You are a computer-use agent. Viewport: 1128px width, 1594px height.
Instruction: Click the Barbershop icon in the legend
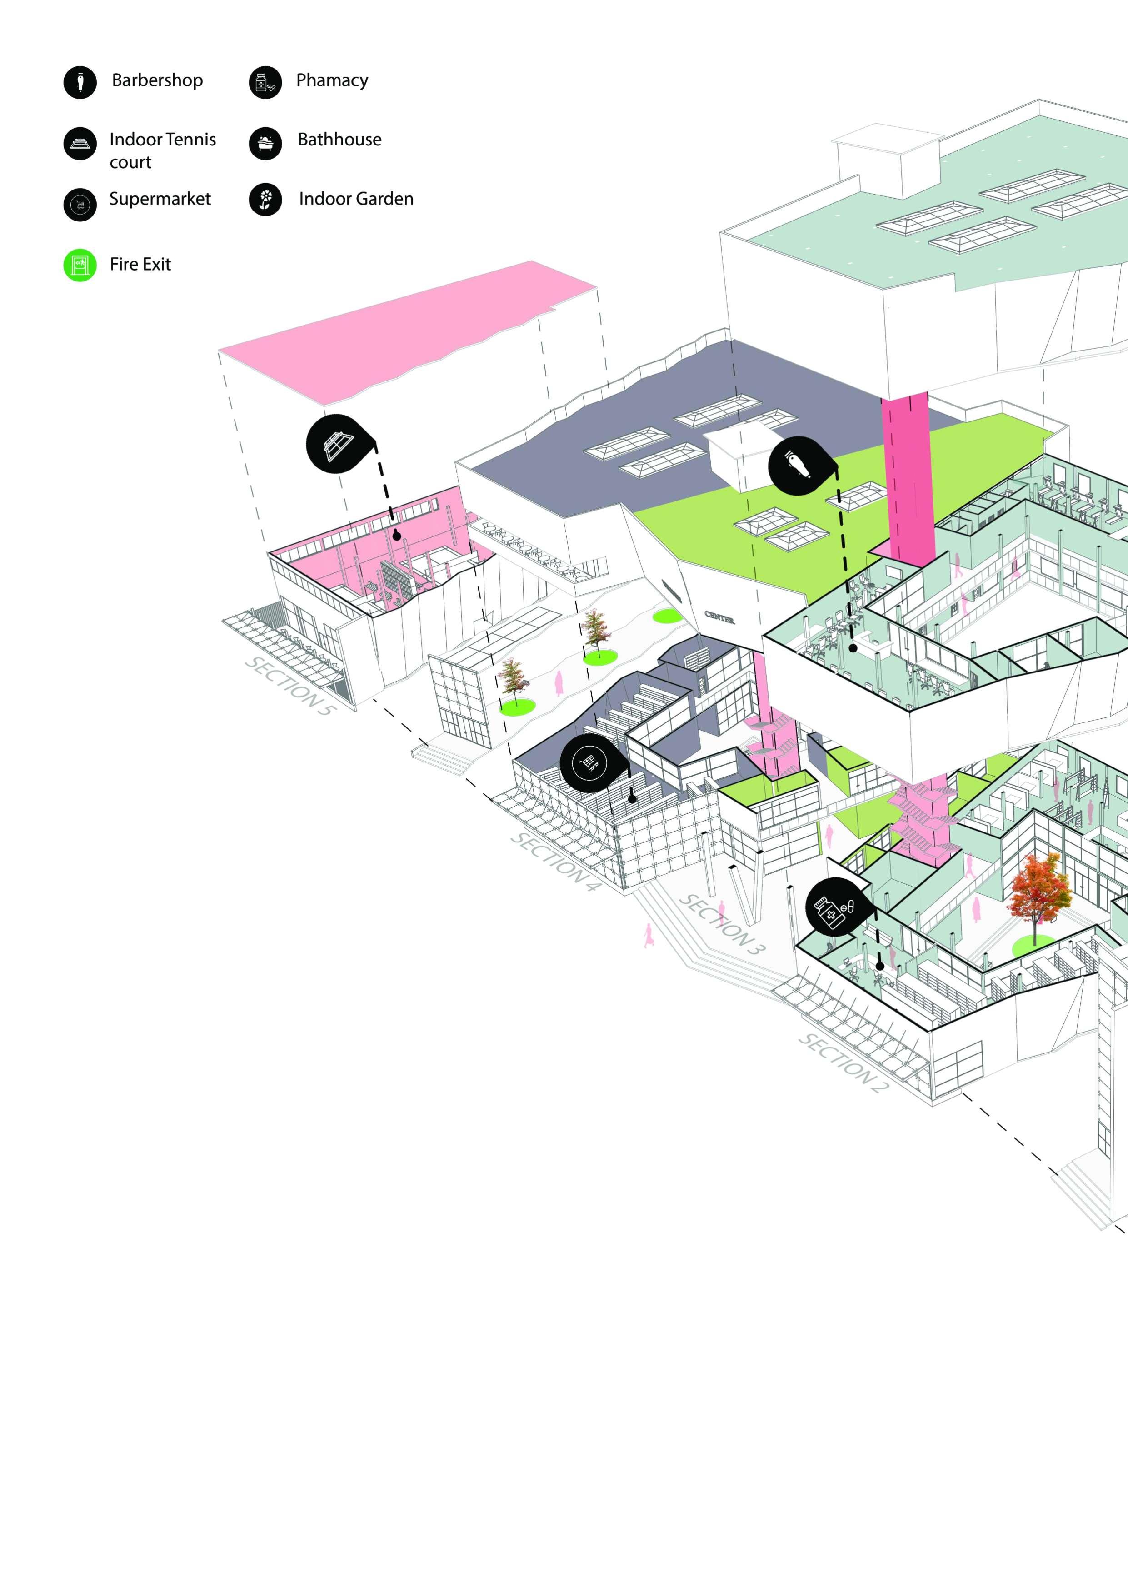80,83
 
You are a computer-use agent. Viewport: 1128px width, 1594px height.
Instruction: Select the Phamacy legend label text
332,80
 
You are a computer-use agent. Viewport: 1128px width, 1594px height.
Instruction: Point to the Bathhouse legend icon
265,143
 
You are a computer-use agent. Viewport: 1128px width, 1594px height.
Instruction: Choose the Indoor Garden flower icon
265,200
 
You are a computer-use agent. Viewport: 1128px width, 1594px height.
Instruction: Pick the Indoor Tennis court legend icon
80,144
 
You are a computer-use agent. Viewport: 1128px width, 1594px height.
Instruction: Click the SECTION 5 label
290,686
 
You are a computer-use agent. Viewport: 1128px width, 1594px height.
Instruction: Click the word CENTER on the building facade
719,617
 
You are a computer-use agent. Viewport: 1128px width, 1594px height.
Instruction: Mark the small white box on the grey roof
738,451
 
